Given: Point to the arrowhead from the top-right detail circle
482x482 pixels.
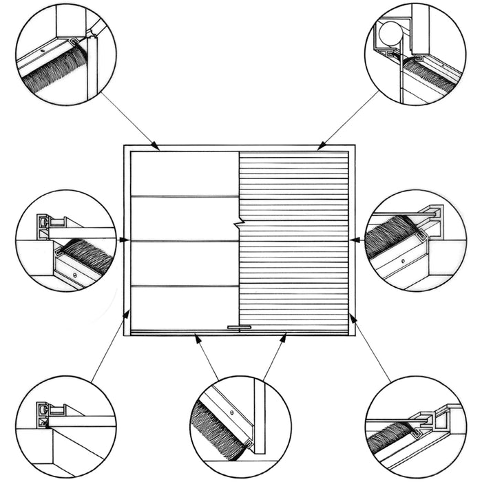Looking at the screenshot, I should [320, 145].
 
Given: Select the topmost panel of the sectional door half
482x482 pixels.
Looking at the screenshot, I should [185, 174].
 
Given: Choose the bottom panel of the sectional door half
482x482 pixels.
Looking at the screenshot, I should [185, 306].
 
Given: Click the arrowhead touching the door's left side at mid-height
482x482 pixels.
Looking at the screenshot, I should [126, 240].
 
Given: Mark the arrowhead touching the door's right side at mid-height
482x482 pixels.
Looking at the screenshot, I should [353, 240].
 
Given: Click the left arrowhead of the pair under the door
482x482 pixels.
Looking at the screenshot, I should [197, 337].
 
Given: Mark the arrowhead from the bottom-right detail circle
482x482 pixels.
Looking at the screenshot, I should [352, 317].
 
